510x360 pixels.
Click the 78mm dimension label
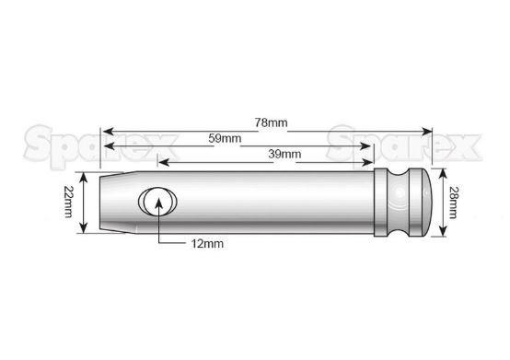coord(271,122)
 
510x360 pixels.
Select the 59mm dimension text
coord(225,138)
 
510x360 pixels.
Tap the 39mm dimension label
coord(284,154)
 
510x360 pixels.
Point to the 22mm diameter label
coord(68,202)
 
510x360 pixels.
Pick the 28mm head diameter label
coord(452,202)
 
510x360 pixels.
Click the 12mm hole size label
coord(207,244)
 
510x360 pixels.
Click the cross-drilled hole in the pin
coord(157,202)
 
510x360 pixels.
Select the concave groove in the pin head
coord(398,202)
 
